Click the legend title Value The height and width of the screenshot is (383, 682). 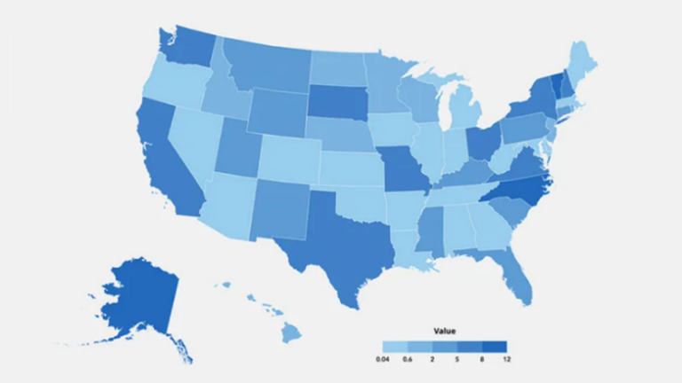click(445, 331)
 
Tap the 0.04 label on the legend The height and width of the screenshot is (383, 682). click(383, 358)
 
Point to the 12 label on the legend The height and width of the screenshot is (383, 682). click(506, 358)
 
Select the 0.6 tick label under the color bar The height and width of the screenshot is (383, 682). click(408, 358)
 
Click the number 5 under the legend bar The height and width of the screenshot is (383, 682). click(456, 358)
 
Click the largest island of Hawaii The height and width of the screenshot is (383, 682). click(292, 333)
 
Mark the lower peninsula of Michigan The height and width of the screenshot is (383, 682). click(464, 111)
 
